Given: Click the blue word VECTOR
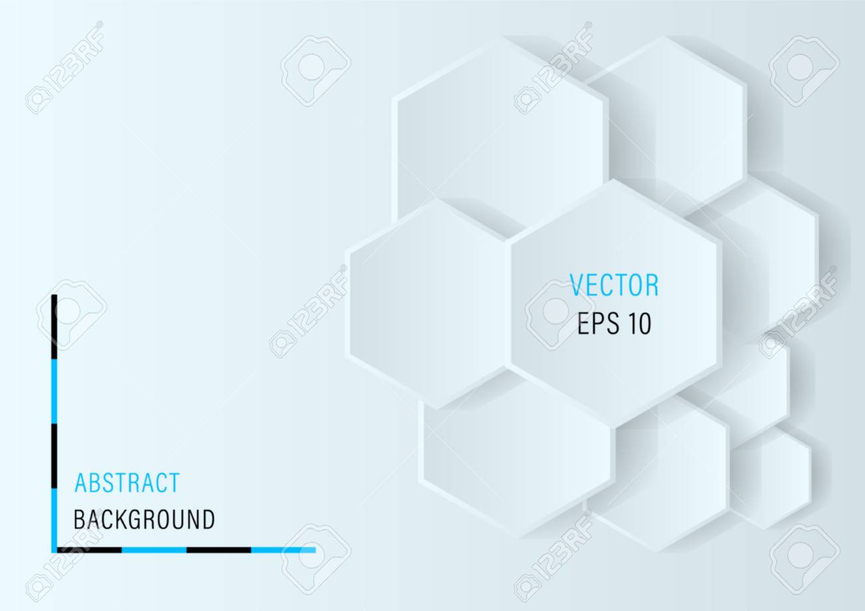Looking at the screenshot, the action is [614, 285].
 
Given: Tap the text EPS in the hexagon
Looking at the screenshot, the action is [598, 323].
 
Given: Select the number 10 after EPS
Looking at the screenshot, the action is [640, 323].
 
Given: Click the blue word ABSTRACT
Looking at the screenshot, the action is [127, 483].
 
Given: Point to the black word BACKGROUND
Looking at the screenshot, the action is [144, 519].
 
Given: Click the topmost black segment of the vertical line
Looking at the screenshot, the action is [55, 327].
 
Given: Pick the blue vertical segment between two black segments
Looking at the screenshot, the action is [55, 392].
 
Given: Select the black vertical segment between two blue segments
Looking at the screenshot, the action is [55, 456].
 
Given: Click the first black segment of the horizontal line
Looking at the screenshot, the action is [90, 550].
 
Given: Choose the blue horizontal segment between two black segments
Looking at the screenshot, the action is [154, 550].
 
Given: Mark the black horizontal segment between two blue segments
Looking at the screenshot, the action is [219, 550].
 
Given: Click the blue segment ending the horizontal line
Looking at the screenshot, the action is [283, 550].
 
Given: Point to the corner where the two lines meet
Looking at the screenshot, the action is [55, 550].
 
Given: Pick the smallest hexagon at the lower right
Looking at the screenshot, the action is [770, 477].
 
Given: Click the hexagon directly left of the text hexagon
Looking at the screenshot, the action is [427, 304].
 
